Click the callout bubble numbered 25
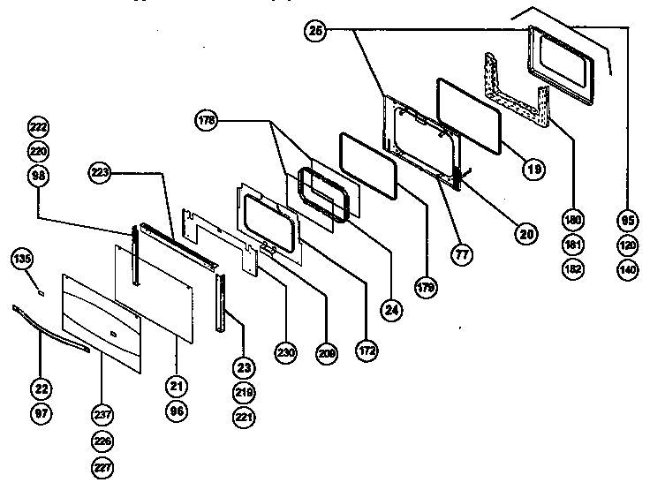click(x=316, y=31)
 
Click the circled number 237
click(x=102, y=418)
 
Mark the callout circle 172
click(x=367, y=351)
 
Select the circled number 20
click(x=526, y=234)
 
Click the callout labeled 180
click(x=573, y=218)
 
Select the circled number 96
click(x=176, y=411)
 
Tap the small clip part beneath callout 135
click(x=40, y=287)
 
